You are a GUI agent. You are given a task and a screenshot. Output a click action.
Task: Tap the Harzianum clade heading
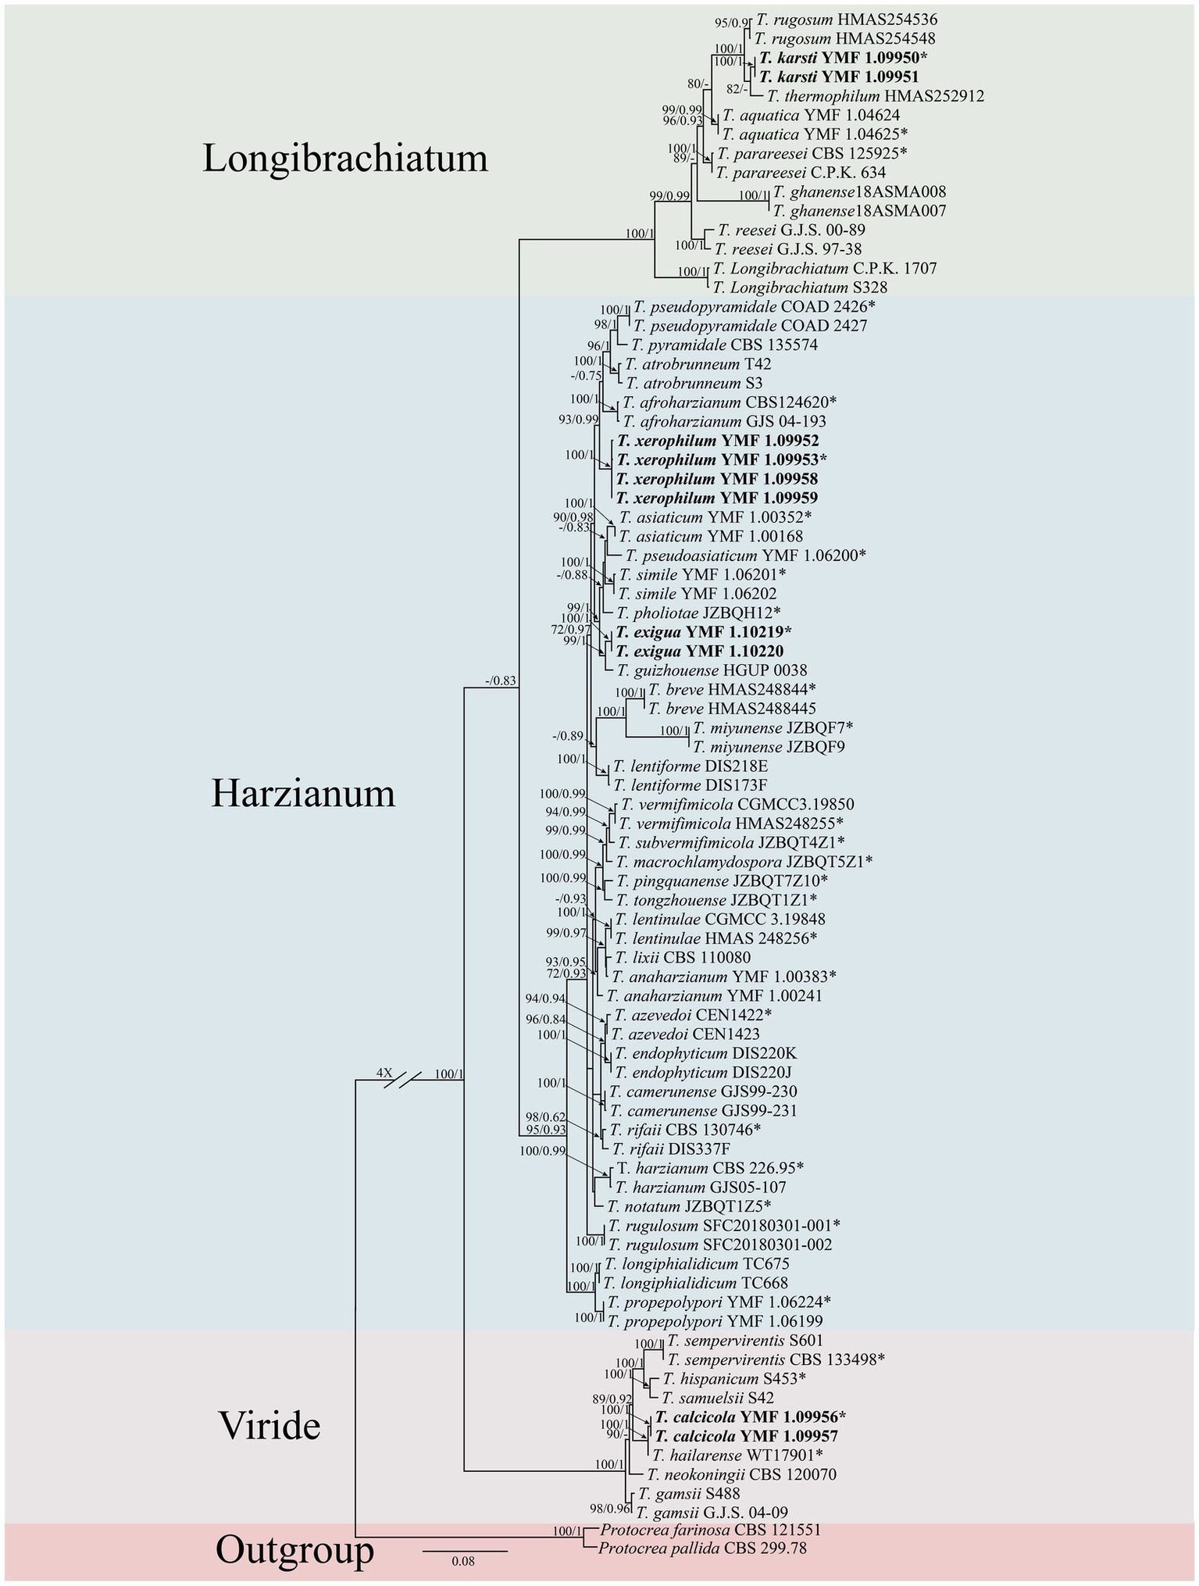coord(303,795)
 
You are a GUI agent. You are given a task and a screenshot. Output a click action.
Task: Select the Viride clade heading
coord(269,1426)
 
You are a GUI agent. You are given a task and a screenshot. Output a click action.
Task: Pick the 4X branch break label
coord(384,1073)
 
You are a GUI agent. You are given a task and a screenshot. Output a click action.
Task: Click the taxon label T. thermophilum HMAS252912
coord(875,96)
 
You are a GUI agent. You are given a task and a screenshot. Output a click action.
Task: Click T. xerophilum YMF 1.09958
coord(717,478)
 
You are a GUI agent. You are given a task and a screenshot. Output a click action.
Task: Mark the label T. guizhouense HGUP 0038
coord(712,670)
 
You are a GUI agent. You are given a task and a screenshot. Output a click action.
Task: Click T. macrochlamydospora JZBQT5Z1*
coord(744,862)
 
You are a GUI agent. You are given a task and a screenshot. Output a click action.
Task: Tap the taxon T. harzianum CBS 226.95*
coord(710,1168)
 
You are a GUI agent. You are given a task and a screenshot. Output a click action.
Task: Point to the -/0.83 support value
coord(501,680)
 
